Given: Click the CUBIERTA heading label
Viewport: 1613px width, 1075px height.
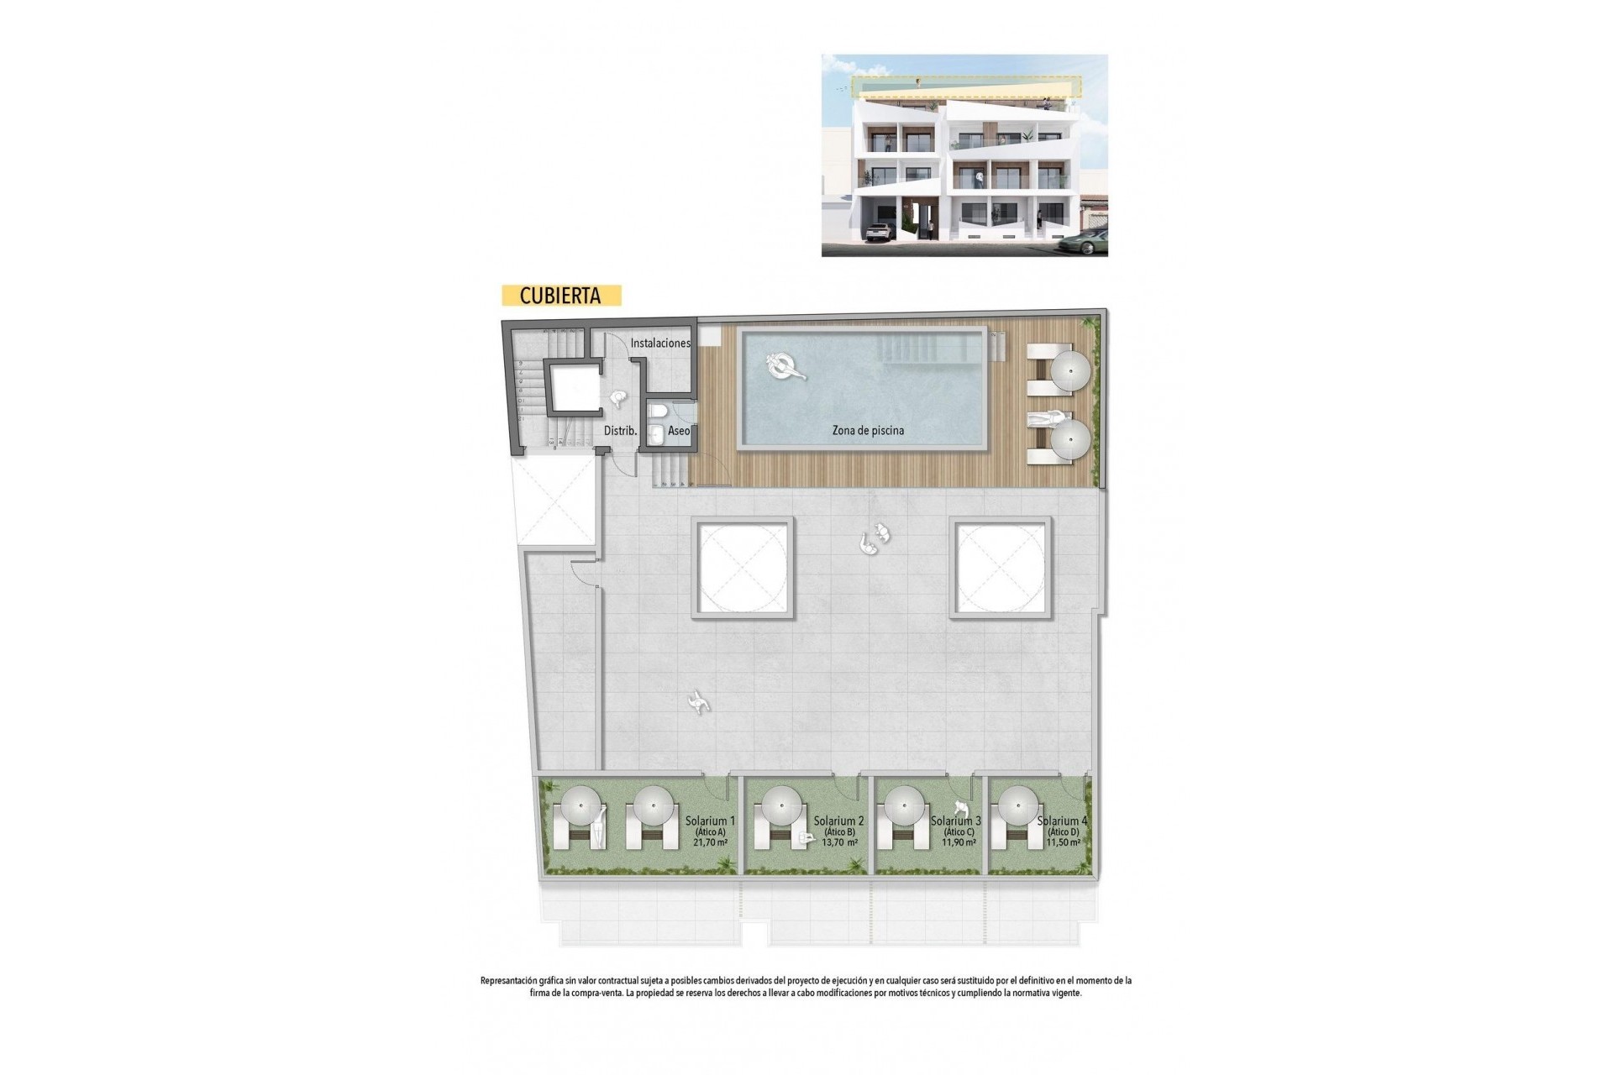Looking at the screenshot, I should (560, 296).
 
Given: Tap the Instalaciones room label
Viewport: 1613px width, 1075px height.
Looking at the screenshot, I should (660, 343).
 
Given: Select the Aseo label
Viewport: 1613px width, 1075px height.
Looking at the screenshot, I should (679, 431).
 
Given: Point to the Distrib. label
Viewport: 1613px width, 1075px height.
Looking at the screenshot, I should (620, 431).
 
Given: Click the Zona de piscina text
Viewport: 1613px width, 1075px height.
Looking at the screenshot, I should (868, 430).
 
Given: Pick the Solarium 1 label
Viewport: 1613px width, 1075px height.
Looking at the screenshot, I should (710, 821).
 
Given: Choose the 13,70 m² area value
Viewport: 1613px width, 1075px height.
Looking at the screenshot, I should (840, 842).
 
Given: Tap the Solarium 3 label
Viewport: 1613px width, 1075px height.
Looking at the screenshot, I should (956, 821).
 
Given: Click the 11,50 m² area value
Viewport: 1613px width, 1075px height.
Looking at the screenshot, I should (1063, 842).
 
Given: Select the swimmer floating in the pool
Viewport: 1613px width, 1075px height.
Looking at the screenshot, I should (785, 366).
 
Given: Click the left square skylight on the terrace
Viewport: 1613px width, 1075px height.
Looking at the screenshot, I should (743, 568).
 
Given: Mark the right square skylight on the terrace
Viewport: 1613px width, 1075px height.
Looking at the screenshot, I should (1001, 568).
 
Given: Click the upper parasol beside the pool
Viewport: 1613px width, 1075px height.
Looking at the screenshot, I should (1070, 370).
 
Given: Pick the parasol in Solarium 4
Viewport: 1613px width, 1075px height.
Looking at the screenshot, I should (1017, 806).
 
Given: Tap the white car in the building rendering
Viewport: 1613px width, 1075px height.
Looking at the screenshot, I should (877, 233).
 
